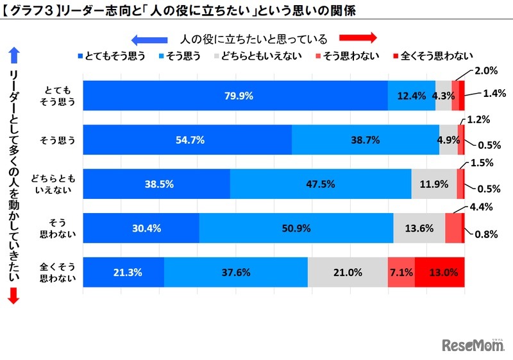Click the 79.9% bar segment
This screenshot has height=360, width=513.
tap(235, 96)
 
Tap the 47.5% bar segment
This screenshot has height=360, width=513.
tap(321, 184)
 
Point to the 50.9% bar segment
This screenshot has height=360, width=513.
tap(296, 228)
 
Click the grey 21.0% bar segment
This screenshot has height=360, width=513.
tap(348, 272)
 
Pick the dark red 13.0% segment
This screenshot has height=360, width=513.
tap(440, 272)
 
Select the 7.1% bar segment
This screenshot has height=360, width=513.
tap(401, 272)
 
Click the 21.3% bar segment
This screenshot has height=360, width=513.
tap(124, 272)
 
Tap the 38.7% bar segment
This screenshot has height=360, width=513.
tap(366, 140)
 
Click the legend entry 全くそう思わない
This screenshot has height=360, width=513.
tap(426, 55)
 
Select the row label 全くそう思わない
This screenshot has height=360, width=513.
tap(57, 272)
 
